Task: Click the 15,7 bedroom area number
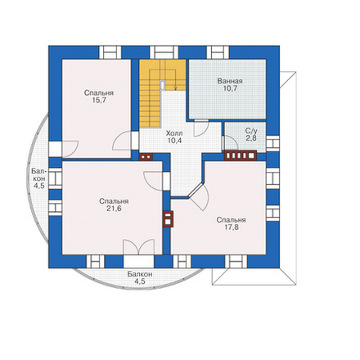tap(99, 101)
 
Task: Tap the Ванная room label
tap(230, 81)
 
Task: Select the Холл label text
tap(174, 133)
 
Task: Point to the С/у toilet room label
tap(251, 131)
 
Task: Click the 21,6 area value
tap(114, 209)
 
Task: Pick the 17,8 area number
tap(232, 227)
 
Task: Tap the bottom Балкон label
tap(140, 274)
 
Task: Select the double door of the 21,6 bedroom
tap(139, 247)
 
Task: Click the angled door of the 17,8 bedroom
tap(198, 196)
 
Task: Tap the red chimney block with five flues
tap(241, 155)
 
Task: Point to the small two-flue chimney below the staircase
tap(146, 157)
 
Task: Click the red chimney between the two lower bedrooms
tap(168, 219)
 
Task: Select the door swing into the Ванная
tap(201, 128)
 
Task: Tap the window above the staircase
tap(164, 52)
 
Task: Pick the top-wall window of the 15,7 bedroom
tap(110, 52)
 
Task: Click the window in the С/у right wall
tap(272, 142)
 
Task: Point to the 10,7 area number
tap(230, 88)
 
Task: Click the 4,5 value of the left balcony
tap(38, 186)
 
